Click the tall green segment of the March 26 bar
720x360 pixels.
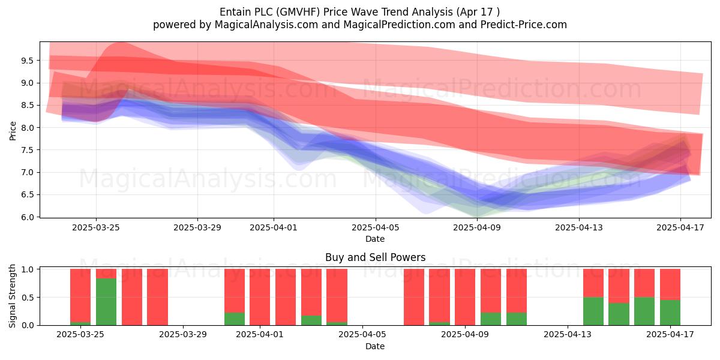tap(106, 302)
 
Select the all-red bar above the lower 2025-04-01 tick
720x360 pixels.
tap(260, 297)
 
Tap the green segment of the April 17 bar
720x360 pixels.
tap(670, 313)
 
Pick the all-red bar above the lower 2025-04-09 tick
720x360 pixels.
tap(465, 297)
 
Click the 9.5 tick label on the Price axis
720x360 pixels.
tap(27, 61)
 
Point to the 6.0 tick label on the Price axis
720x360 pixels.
tap(27, 217)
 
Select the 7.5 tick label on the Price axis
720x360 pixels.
tap(27, 150)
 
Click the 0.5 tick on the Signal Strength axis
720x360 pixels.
tap(27, 298)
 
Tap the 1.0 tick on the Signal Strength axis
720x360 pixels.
tap(27, 269)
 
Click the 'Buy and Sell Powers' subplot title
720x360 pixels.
tap(375, 257)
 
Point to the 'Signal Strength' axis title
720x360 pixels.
tap(12, 296)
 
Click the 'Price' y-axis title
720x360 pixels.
tap(13, 131)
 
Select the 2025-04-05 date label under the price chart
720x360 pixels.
tap(375, 227)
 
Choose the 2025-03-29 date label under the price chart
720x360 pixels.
tap(197, 227)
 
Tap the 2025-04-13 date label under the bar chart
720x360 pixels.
tap(568, 335)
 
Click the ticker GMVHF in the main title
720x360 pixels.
tap(299, 12)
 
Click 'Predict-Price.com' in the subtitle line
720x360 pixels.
tap(524, 25)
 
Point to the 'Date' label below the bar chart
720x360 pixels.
tap(375, 346)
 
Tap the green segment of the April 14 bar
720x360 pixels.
tap(593, 311)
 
